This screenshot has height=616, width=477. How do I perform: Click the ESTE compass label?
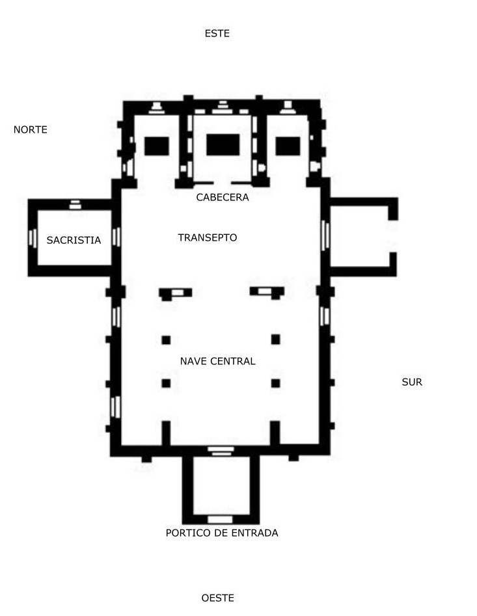click(217, 33)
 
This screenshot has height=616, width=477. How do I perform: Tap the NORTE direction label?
click(31, 129)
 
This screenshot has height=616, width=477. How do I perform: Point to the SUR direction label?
click(412, 382)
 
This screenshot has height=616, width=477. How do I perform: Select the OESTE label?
click(217, 598)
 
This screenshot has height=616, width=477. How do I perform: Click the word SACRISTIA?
click(74, 240)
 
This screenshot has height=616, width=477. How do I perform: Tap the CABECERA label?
click(223, 197)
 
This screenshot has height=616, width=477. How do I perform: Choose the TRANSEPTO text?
click(208, 237)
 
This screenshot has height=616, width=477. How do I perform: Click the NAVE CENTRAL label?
click(218, 361)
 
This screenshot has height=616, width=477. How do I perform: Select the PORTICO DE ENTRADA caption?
click(222, 533)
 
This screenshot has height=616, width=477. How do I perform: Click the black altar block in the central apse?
click(223, 144)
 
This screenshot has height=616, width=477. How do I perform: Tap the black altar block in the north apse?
click(157, 146)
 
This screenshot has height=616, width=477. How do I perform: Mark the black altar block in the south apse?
click(288, 146)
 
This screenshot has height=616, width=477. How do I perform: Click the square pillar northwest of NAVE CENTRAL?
click(166, 340)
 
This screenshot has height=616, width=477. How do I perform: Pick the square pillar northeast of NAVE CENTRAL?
click(275, 340)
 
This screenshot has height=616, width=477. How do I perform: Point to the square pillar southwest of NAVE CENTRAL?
click(166, 383)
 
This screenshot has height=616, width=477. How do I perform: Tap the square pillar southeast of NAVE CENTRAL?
click(275, 383)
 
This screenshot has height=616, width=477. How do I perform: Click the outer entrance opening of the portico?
click(220, 519)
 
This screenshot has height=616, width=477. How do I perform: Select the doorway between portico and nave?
click(220, 450)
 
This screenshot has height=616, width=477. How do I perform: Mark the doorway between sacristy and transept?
click(116, 237)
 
